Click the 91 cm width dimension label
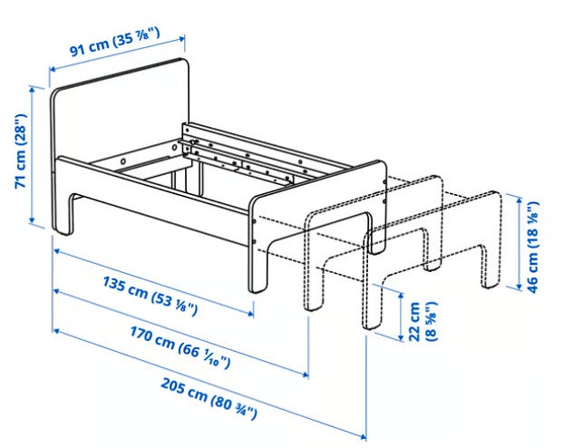pyautogui.click(x=115, y=42)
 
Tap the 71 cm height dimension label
pyautogui.click(x=21, y=151)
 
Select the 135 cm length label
pyautogui.click(x=151, y=296)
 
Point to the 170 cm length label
pyautogui.click(x=180, y=347)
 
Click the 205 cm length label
pyautogui.click(x=209, y=399)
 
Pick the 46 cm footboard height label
pyautogui.click(x=532, y=247)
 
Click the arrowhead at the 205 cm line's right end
pyautogui.click(x=363, y=436)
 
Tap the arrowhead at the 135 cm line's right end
pyautogui.click(x=250, y=313)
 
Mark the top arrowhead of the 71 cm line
pyautogui.click(x=32, y=90)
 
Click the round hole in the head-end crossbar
pyautogui.click(x=122, y=161)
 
